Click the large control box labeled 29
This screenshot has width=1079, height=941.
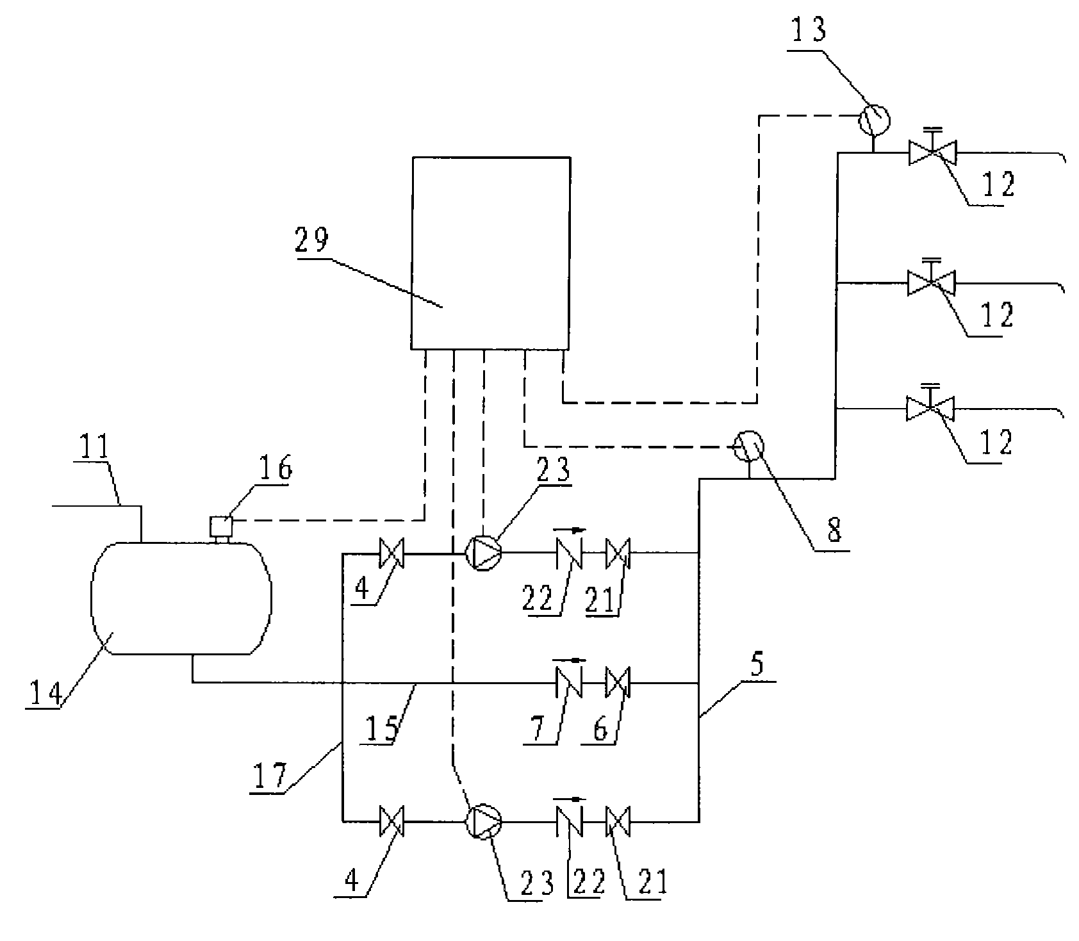tap(491, 253)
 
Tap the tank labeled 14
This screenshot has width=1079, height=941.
tap(182, 598)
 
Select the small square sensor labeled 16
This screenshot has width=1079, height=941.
tap(221, 527)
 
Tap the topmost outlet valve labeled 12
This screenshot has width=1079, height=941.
tap(932, 152)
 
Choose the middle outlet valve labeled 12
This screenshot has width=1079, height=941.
tap(931, 282)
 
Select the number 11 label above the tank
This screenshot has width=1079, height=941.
tap(95, 448)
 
